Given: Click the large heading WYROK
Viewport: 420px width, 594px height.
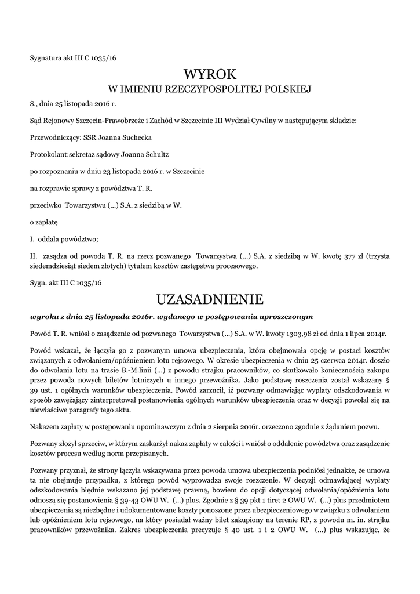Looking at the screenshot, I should point(210,74).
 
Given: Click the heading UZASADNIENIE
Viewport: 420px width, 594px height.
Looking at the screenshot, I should point(210,299).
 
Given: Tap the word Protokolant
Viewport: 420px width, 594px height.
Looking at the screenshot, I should point(48,154).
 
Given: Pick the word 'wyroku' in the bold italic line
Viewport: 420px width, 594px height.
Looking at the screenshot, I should point(43,317).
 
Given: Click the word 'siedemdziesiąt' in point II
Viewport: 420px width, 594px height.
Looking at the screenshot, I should point(56,266).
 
